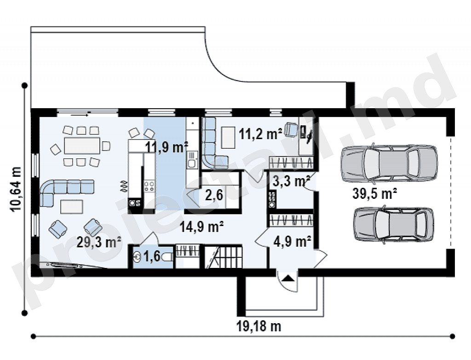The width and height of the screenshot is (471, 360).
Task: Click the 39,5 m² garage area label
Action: pyautogui.click(x=374, y=193)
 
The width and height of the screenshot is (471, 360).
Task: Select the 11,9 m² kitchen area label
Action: pyautogui.click(x=167, y=147)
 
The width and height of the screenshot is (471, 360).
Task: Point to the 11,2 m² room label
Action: pyautogui.click(x=260, y=134)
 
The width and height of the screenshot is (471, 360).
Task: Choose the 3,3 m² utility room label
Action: pyautogui.click(x=292, y=181)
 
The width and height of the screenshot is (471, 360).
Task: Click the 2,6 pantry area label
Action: pyautogui.click(x=214, y=196)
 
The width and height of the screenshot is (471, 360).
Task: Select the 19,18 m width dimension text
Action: pyautogui.click(x=259, y=326)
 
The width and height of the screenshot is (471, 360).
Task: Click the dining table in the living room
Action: pyautogui.click(x=82, y=146)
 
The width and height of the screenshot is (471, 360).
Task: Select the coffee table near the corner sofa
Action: pyautogui.click(x=72, y=207)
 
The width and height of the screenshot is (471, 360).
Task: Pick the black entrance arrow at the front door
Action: pyautogui.click(x=288, y=278)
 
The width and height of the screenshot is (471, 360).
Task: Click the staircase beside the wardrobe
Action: pyautogui.click(x=224, y=256)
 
